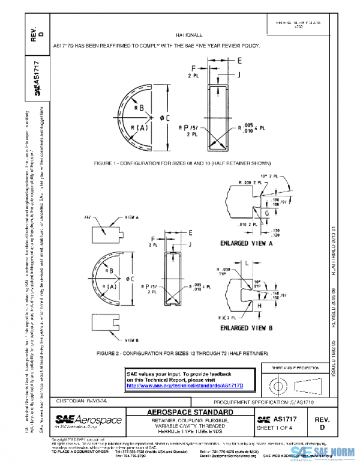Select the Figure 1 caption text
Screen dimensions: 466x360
tap(171, 163)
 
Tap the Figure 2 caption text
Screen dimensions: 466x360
tap(176, 353)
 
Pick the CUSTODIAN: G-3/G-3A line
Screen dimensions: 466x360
tap(82, 401)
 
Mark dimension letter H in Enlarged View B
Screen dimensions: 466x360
tap(260, 306)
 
